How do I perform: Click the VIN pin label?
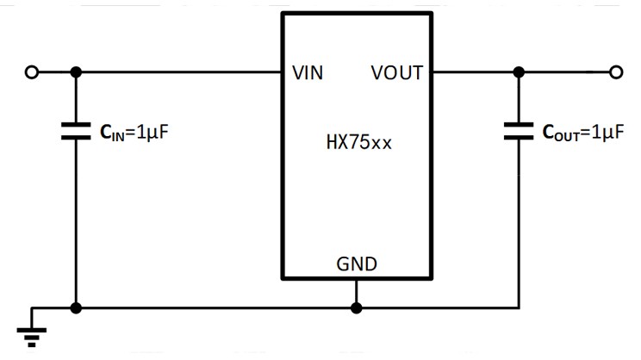click(x=308, y=73)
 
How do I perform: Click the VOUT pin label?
click(x=397, y=73)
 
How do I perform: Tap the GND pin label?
click(x=357, y=264)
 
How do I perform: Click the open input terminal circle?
click(x=32, y=72)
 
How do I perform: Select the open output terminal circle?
click(x=615, y=72)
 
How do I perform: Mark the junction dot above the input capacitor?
click(x=76, y=72)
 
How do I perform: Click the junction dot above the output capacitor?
click(x=519, y=72)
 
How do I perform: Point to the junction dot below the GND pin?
click(x=356, y=307)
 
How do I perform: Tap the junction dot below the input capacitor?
click(x=76, y=307)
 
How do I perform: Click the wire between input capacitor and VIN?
click(x=181, y=72)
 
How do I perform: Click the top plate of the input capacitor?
click(x=76, y=125)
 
